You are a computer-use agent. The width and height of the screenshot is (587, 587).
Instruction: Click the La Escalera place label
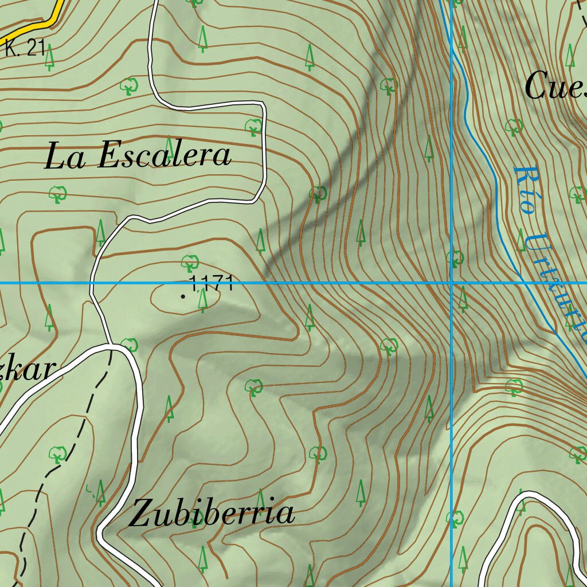[138, 156]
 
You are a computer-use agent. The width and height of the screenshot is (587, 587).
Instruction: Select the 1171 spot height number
[210, 283]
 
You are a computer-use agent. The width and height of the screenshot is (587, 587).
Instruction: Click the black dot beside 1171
[183, 296]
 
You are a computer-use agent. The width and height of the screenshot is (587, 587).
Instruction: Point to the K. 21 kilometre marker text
[25, 48]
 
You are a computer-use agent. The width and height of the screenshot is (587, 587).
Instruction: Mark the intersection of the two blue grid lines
[452, 283]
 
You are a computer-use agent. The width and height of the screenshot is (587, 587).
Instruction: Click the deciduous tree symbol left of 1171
[189, 264]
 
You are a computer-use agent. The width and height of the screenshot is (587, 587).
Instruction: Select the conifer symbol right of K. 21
[50, 57]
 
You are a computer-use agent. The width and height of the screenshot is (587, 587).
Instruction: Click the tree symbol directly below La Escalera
[57, 194]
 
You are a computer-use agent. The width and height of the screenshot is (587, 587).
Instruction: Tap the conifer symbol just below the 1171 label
[202, 301]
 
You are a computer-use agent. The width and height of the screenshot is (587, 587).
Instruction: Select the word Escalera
[164, 156]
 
